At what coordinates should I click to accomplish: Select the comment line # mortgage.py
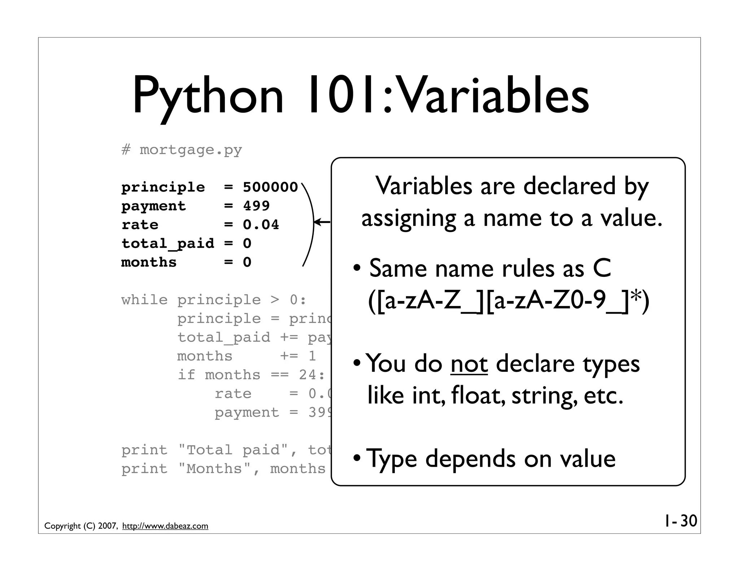point(182,150)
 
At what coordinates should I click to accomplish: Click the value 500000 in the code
point(270,187)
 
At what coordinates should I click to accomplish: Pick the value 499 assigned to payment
point(256,206)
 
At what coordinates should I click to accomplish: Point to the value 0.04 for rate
point(261,225)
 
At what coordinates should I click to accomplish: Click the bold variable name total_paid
point(168,244)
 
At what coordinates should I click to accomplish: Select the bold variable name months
point(149,262)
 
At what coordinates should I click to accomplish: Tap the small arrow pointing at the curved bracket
point(322,222)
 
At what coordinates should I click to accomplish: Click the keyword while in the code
point(144,300)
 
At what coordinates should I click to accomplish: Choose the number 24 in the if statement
point(308,375)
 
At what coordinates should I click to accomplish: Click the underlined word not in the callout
point(469,364)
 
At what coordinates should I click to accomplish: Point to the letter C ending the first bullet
point(602,269)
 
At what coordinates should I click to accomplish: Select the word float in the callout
point(477,395)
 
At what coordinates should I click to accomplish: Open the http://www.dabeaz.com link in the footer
point(165,526)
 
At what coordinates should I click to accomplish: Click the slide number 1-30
point(680,521)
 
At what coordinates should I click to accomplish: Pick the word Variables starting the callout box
point(424,186)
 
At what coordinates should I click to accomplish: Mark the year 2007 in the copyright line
point(107,526)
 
